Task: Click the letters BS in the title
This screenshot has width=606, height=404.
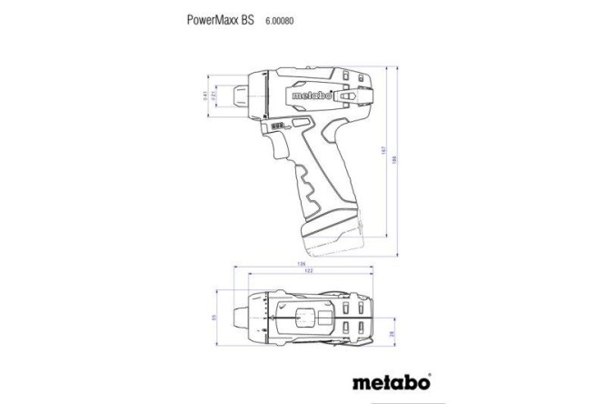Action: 245,17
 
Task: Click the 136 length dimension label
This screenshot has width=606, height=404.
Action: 301,265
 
